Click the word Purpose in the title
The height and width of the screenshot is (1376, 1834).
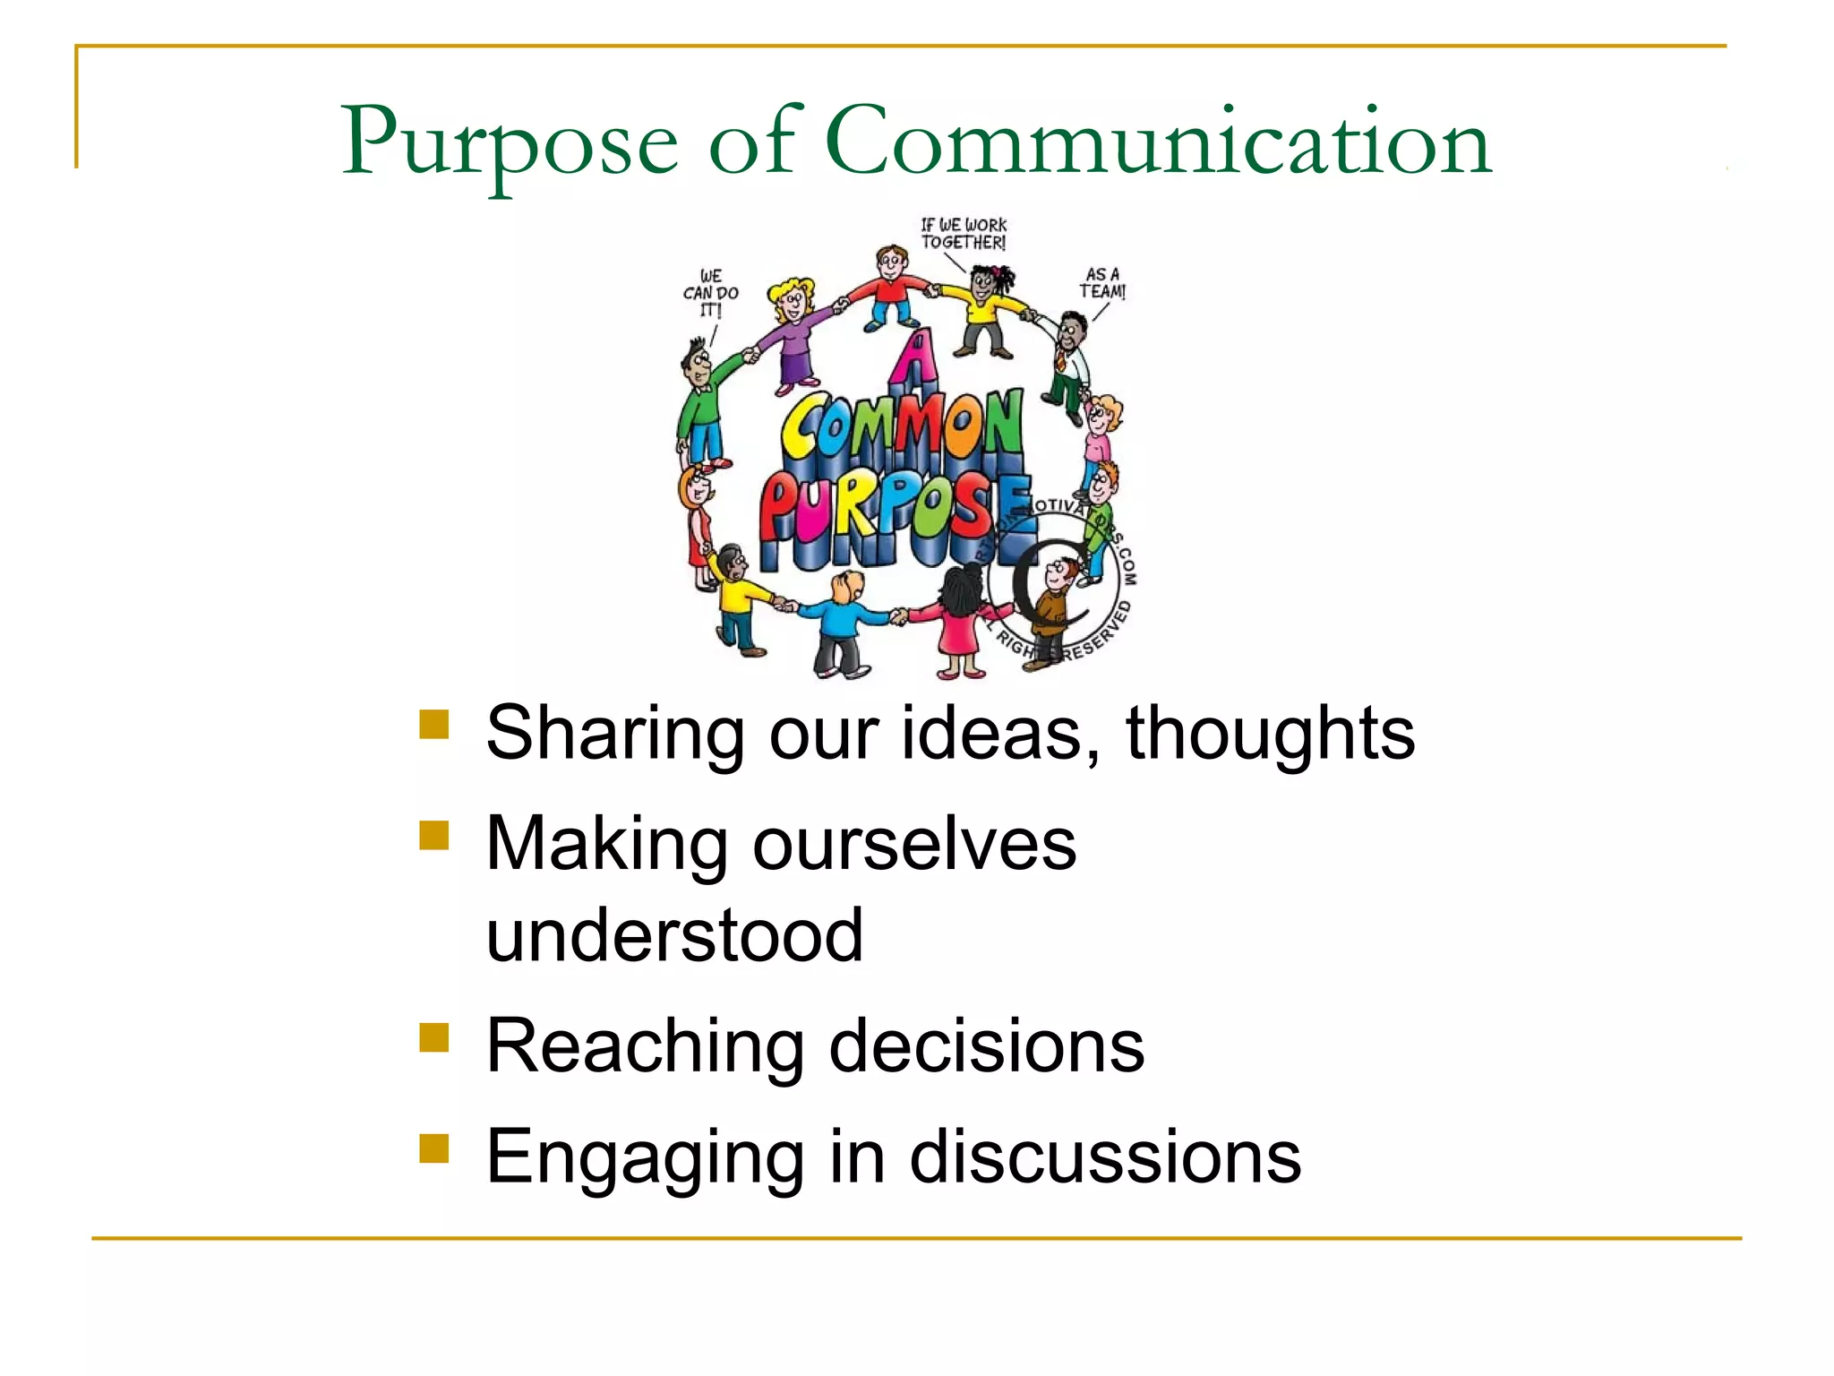[510, 143]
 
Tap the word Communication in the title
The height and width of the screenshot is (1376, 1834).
[1158, 142]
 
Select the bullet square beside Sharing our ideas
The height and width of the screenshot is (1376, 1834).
[434, 725]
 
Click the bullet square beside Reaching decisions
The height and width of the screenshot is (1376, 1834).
[434, 1037]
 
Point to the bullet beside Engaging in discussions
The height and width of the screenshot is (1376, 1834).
[434, 1148]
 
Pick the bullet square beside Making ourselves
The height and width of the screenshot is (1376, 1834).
[434, 836]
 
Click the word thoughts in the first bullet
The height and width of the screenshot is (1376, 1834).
[1270, 733]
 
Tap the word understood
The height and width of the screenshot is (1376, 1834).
[674, 935]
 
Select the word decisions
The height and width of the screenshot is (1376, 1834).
[987, 1045]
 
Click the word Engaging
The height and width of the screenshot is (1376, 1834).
[645, 1158]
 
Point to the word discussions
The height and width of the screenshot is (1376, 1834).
[1105, 1157]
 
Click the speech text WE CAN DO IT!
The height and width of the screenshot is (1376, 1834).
[711, 293]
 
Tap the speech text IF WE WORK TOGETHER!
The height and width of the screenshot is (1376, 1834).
[964, 234]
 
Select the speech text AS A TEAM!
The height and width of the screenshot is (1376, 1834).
[1102, 283]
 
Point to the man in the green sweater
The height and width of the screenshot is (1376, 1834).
[703, 403]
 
